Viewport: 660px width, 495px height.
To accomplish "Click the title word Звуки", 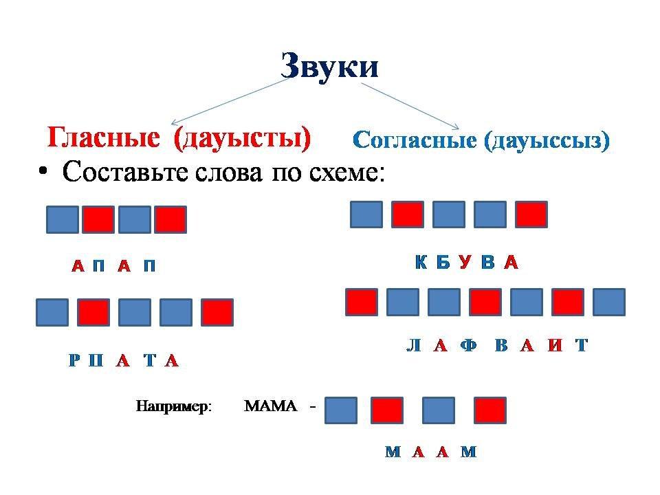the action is tap(329, 66).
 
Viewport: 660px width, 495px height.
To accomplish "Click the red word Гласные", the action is tap(104, 137).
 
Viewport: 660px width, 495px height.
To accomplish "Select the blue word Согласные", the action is tap(415, 140).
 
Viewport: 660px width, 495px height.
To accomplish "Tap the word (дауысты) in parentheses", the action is tap(243, 138).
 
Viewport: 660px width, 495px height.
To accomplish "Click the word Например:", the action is tap(174, 406).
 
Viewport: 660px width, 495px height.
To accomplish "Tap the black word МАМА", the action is tap(270, 406).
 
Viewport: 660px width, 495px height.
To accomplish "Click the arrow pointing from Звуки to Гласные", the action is tap(230, 102).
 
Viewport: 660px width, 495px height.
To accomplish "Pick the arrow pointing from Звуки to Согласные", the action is tap(410, 106).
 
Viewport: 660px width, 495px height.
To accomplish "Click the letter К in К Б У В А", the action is tap(421, 262).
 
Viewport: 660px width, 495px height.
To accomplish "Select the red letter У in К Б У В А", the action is tap(465, 262).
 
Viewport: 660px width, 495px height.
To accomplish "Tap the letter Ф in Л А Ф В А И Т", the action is tap(468, 346).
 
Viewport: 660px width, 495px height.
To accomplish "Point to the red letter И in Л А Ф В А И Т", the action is tap(555, 346).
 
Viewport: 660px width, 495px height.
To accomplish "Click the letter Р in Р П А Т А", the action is tap(74, 360).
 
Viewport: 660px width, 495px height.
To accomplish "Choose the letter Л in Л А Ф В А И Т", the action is tap(413, 346).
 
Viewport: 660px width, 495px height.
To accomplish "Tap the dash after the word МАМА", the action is tap(313, 407).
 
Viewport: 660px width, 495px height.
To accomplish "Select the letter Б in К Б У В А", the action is tap(443, 262).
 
